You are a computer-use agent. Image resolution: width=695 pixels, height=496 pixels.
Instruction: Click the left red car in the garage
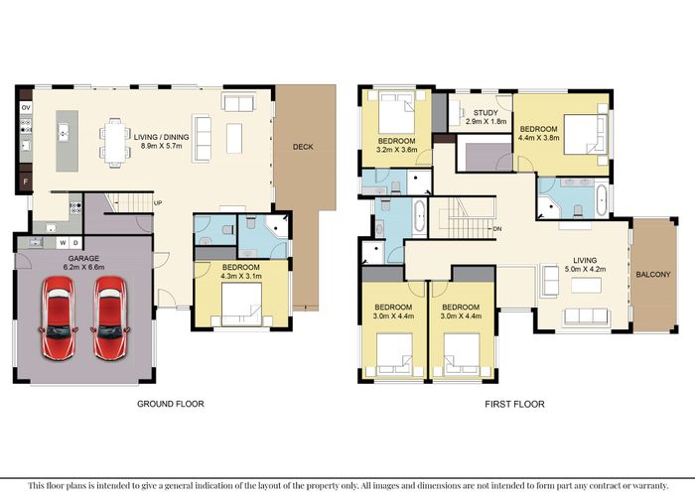coord(58,317)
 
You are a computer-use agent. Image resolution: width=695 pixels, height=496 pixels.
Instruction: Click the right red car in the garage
coord(110,317)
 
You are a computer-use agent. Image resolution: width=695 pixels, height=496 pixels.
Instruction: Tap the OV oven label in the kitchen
coord(26,107)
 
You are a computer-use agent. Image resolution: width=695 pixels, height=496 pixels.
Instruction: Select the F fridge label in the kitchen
coord(25,182)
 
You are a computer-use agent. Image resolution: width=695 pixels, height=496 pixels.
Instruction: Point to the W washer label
coord(63,243)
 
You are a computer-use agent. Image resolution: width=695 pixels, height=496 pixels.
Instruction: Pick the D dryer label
coord(75,243)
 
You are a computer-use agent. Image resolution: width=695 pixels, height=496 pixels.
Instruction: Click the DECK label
coord(303,147)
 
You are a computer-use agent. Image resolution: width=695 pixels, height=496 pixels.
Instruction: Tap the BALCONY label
coord(653,274)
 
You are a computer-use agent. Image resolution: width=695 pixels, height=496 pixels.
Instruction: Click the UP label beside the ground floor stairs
coord(158,202)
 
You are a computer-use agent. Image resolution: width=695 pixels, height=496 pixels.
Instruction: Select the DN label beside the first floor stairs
coord(497,229)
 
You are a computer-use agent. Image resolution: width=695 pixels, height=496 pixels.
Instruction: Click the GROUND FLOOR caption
coord(170,404)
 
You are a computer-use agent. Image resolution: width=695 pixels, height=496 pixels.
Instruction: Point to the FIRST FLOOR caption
coord(514,404)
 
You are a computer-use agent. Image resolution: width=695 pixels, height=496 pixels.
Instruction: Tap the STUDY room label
coord(486,113)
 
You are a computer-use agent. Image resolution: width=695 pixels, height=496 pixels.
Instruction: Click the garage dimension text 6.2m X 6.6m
coord(83,267)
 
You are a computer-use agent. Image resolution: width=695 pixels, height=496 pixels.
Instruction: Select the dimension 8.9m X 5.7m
coord(161,146)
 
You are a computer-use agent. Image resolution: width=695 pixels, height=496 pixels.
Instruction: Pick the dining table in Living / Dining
coord(115,143)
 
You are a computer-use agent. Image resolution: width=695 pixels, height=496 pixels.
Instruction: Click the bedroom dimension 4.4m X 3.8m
coord(538,138)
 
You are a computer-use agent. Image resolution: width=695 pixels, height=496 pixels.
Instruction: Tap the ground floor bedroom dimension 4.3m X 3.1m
coord(241,276)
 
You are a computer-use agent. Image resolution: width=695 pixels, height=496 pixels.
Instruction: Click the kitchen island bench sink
coord(64,132)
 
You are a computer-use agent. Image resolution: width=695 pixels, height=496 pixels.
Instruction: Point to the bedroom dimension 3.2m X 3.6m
coord(397,150)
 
